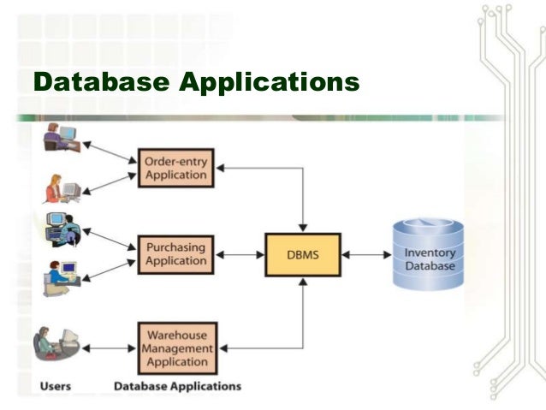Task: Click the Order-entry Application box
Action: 176,168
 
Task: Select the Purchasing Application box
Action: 176,254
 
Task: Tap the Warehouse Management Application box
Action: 176,348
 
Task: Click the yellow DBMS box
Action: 302,254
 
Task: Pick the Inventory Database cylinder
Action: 429,254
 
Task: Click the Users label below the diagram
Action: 56,387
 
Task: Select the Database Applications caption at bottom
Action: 177,387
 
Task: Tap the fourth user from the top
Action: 62,276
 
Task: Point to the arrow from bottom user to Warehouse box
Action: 110,348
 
